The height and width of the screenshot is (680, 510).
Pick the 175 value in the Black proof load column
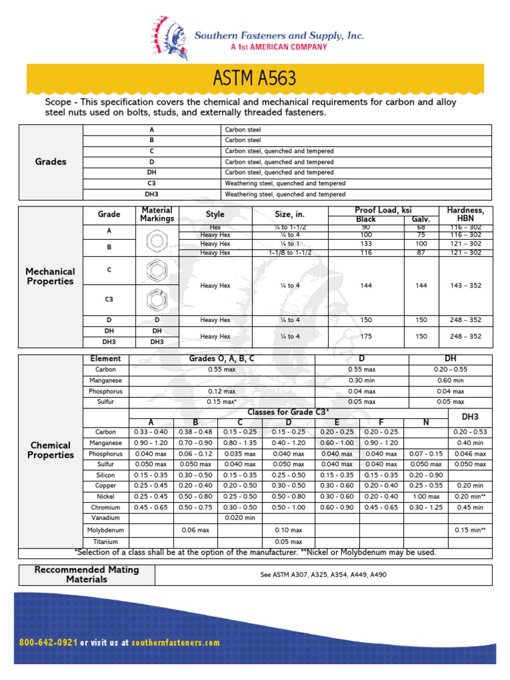[x=365, y=337]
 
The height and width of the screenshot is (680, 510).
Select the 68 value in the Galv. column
[x=421, y=228]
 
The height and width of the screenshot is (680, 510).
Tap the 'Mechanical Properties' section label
[x=50, y=276]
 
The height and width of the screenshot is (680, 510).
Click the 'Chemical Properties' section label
[x=50, y=450]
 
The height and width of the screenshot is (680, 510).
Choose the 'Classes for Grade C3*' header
[x=288, y=412]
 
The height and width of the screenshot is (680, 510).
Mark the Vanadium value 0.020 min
[x=240, y=517]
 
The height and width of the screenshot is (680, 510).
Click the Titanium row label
[x=106, y=542]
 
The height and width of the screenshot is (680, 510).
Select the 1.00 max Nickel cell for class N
[x=425, y=496]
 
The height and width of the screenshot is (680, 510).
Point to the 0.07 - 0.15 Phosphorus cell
[x=425, y=454]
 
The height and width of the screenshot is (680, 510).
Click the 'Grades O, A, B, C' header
[x=222, y=359]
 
